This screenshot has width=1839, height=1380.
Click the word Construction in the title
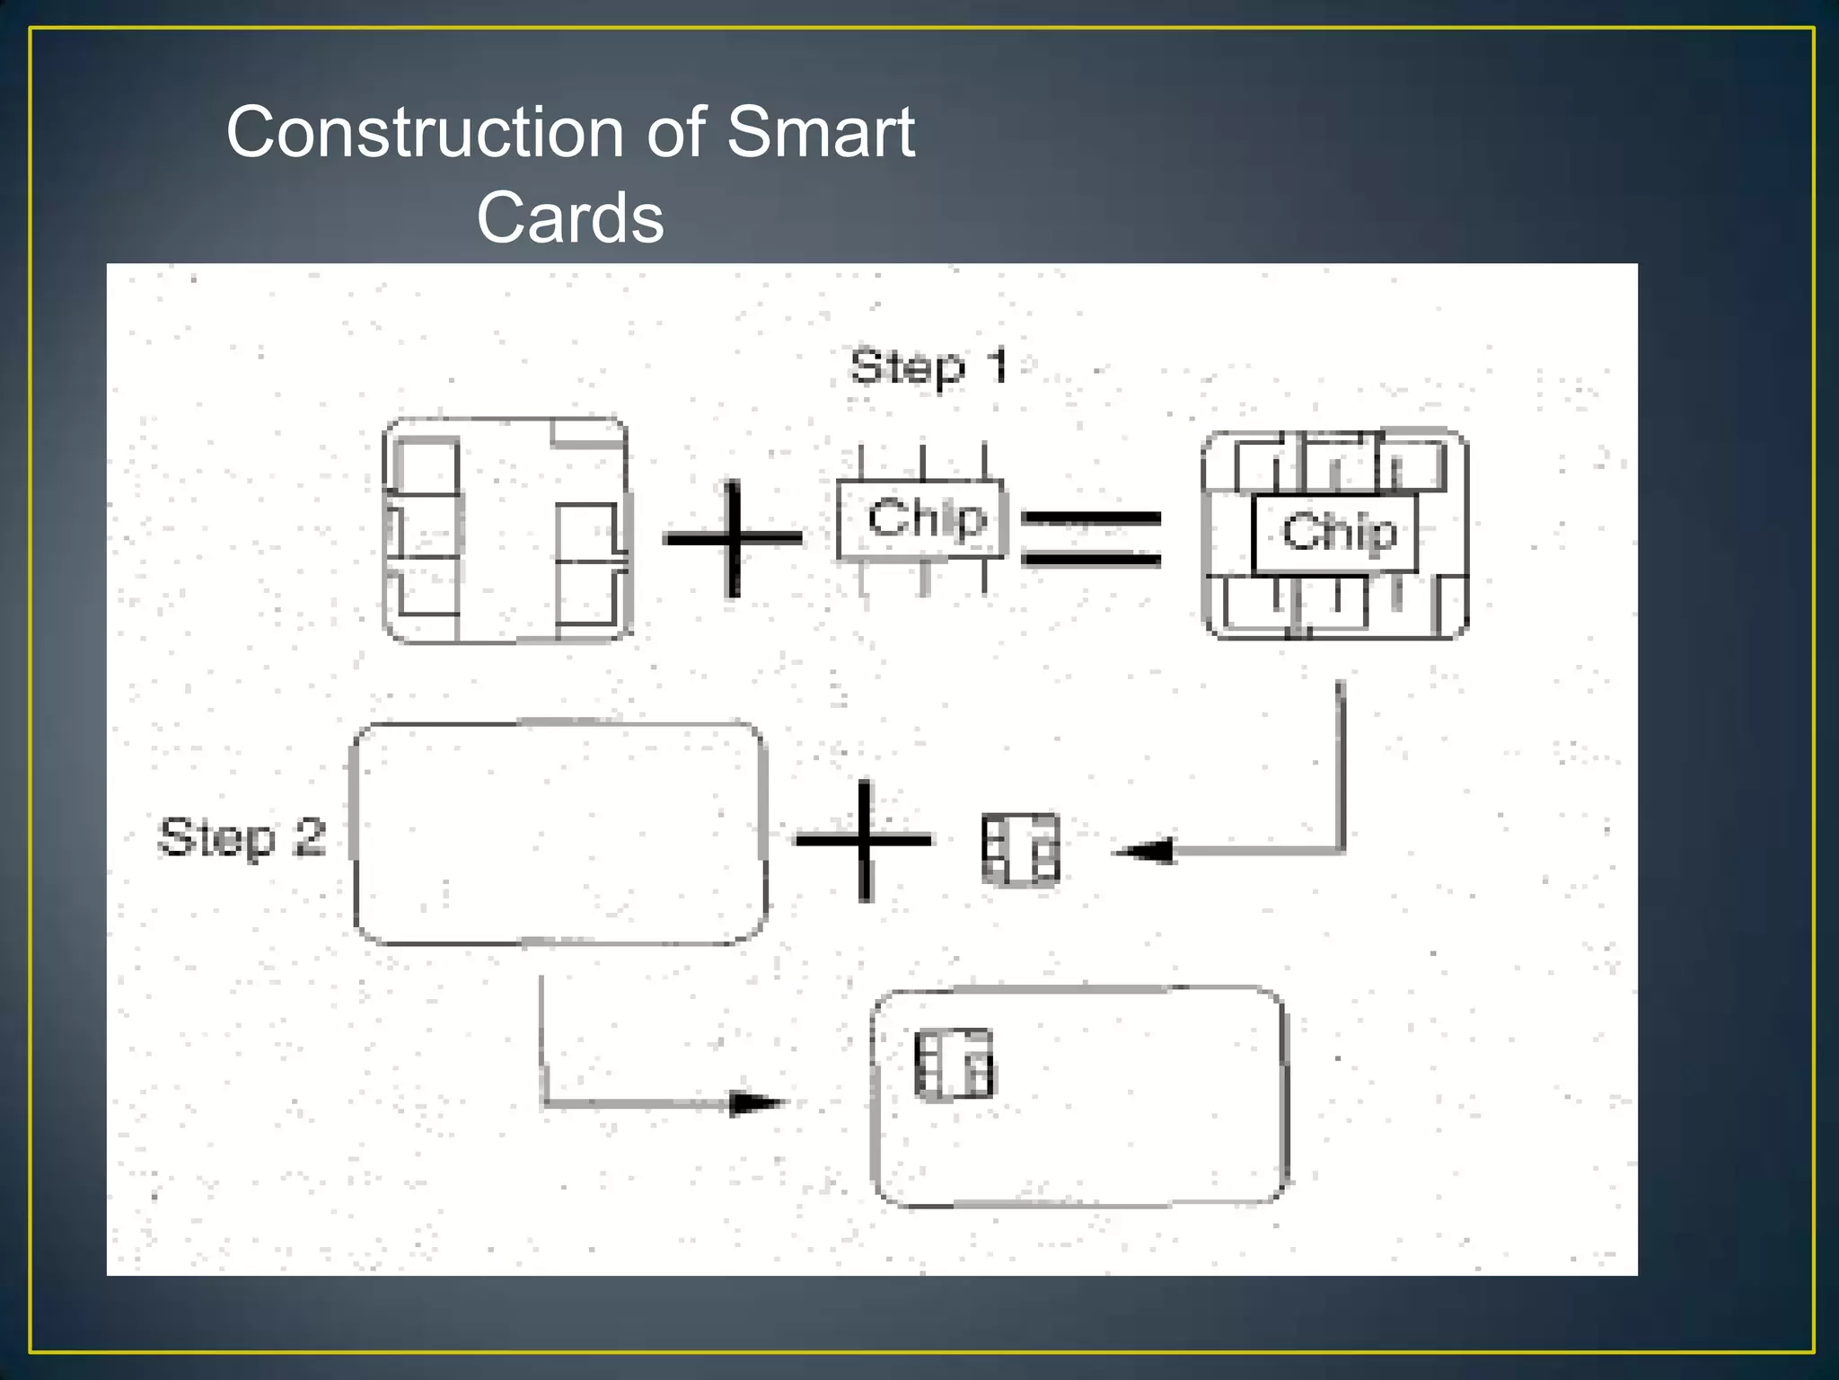point(425,132)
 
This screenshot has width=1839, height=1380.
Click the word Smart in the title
point(821,132)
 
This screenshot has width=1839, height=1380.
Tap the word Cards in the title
point(570,217)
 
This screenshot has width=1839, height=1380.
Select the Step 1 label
point(928,367)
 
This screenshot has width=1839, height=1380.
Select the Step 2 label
point(242,837)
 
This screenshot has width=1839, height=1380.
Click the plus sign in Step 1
point(733,538)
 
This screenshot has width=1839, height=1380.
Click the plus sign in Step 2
point(864,841)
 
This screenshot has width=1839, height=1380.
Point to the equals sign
point(1091,539)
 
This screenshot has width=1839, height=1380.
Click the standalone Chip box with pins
point(922,519)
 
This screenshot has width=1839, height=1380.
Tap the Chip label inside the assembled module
point(1339,531)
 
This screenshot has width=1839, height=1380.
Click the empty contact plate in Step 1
point(506,530)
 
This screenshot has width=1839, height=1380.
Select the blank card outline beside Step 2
point(559,833)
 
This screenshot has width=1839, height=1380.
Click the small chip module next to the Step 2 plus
point(1020,849)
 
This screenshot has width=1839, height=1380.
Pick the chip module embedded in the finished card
point(954,1064)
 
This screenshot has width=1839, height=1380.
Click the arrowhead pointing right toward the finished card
point(756,1102)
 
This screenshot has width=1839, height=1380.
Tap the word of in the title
point(676,132)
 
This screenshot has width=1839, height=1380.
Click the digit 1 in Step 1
point(997,367)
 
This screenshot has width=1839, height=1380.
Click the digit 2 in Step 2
point(309,837)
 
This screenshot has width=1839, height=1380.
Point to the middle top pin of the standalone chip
point(922,462)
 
